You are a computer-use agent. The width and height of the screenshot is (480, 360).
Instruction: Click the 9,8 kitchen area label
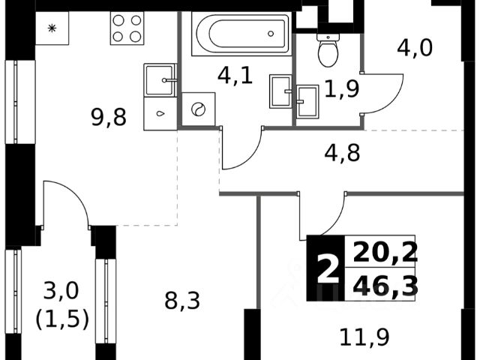coord(109,117)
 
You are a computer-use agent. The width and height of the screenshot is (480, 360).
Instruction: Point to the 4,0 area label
coord(415,49)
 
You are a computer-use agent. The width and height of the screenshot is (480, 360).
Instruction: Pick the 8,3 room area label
coord(182,301)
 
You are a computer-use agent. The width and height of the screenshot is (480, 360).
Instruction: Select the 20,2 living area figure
coord(385,250)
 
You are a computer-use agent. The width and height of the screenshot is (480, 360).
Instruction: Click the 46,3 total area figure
coord(385,286)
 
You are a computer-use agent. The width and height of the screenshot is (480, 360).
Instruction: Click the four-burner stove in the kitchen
coord(127,28)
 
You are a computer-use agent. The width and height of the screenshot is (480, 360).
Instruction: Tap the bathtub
coord(239,34)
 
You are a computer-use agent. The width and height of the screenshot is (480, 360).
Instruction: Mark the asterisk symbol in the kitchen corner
coord(52,28)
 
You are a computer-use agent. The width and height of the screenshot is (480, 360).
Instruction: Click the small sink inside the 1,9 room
coord(307,100)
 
